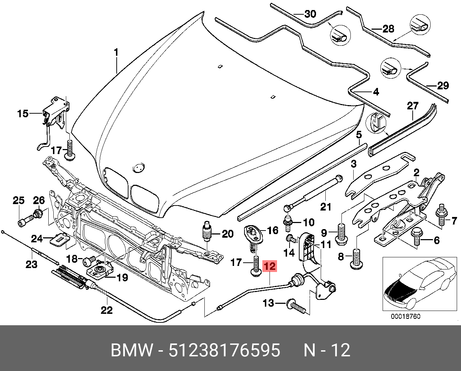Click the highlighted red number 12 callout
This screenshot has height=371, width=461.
pyautogui.click(x=270, y=266)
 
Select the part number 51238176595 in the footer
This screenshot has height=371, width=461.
pyautogui.click(x=224, y=350)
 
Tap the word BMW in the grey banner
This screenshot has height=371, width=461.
pyautogui.click(x=132, y=350)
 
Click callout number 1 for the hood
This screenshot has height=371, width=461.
pyautogui.click(x=116, y=53)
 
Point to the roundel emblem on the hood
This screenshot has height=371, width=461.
pyautogui.click(x=138, y=167)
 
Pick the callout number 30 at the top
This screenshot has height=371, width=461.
pyautogui.click(x=310, y=14)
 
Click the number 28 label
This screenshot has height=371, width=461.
pyautogui.click(x=388, y=29)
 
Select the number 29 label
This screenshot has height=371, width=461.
pyautogui.click(x=443, y=85)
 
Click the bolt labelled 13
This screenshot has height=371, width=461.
pyautogui.click(x=296, y=306)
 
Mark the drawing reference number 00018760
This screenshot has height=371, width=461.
pyautogui.click(x=405, y=316)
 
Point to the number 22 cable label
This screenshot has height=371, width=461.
pyautogui.click(x=107, y=310)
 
